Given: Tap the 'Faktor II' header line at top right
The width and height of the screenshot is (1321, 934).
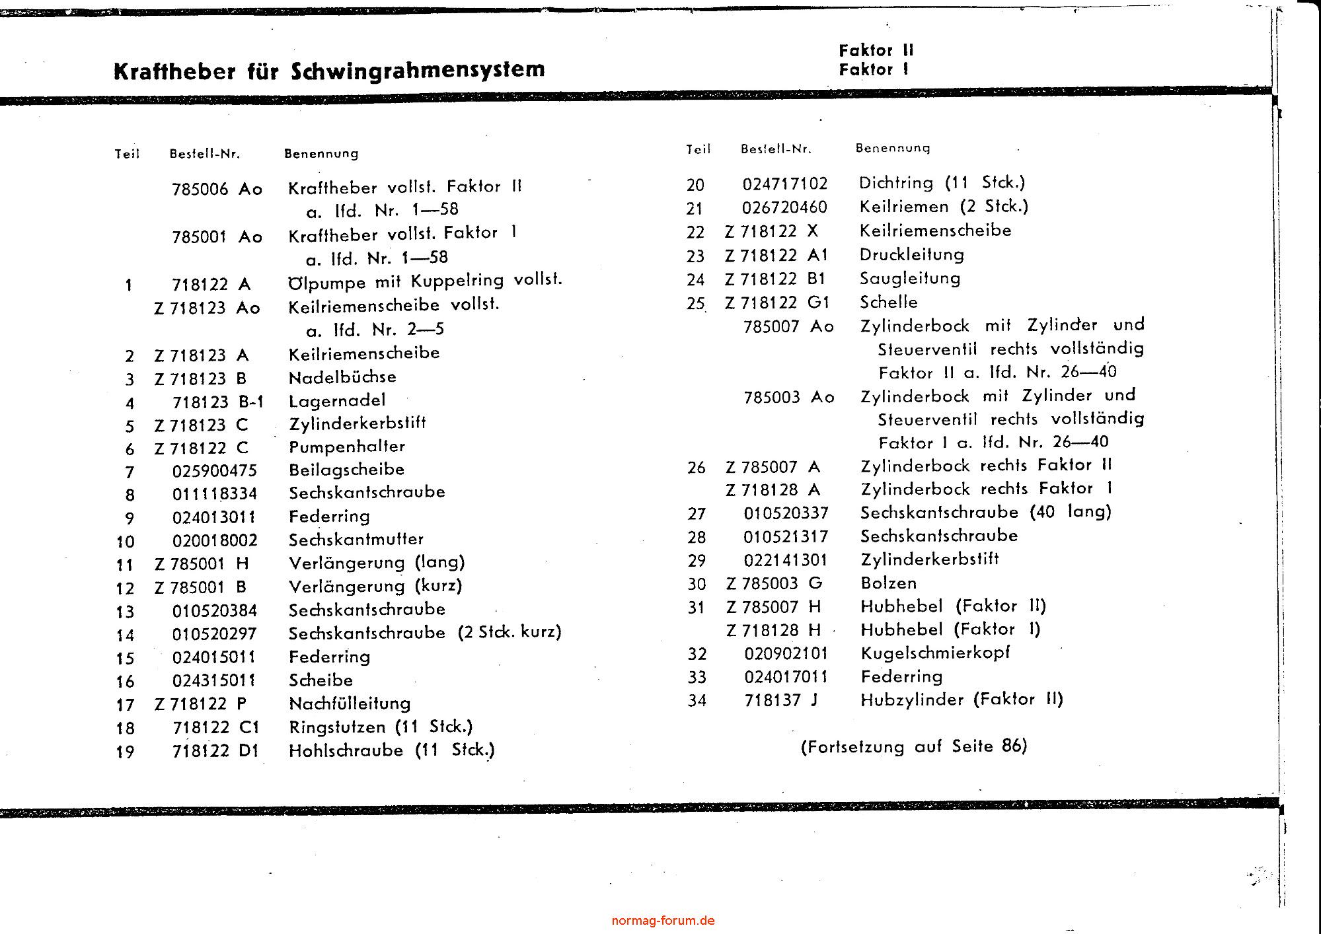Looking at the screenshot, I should click(x=876, y=50).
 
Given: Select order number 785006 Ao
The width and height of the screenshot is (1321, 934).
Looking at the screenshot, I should click(x=217, y=190).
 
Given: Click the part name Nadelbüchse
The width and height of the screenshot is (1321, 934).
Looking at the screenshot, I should click(x=342, y=377).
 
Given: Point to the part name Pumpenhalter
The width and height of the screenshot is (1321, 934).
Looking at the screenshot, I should click(x=347, y=447).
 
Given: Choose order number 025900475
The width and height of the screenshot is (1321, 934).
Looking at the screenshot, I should click(x=214, y=471).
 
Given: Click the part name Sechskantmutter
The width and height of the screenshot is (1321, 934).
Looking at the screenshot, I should click(x=356, y=540).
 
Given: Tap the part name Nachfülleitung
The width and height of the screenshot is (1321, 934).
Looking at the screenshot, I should click(x=350, y=704).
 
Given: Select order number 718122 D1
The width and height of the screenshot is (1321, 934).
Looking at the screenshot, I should click(x=215, y=751).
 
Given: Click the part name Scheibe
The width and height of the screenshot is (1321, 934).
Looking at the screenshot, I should click(x=321, y=680).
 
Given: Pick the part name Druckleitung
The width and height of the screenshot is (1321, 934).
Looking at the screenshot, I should click(x=911, y=255).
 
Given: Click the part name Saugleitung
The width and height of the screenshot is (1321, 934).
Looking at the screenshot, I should click(x=910, y=279).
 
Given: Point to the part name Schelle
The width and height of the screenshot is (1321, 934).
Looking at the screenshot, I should click(x=889, y=303).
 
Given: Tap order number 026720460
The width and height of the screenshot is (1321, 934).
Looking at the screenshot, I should click(x=784, y=207).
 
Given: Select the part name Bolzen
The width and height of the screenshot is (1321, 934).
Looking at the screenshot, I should click(x=889, y=583).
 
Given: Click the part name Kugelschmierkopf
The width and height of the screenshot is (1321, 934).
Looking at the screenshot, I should click(x=935, y=653).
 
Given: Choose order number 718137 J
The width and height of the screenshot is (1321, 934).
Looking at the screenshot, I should click(x=780, y=700).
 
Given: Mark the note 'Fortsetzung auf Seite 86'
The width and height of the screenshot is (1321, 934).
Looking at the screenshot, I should click(x=914, y=747).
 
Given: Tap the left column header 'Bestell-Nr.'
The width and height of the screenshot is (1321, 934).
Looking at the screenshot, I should click(x=205, y=154).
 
